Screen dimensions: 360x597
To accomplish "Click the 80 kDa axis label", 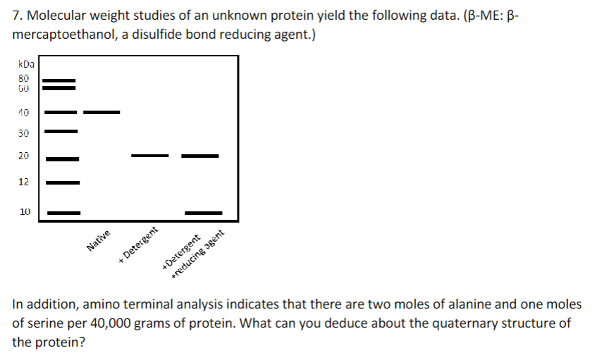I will pyautogui.click(x=23, y=78).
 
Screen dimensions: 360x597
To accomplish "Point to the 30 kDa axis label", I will pyautogui.click(x=23, y=132).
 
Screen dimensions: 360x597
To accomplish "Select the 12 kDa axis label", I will pyautogui.click(x=23, y=182).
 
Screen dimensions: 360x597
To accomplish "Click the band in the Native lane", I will pyautogui.click(x=101, y=112).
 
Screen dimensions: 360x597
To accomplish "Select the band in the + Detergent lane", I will pyautogui.click(x=150, y=155).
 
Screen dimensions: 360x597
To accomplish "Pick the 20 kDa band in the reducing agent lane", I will pyautogui.click(x=200, y=155).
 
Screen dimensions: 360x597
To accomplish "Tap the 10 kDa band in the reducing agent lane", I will pyautogui.click(x=203, y=212).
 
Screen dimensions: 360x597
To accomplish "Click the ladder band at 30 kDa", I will pyautogui.click(x=61, y=131).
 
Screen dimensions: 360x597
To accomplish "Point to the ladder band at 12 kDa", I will pyautogui.click(x=63, y=182).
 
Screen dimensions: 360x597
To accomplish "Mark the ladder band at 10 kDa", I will pyautogui.click(x=63, y=212).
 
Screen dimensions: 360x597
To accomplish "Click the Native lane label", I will pyautogui.click(x=99, y=242).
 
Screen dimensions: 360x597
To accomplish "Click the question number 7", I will pyautogui.click(x=16, y=16).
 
